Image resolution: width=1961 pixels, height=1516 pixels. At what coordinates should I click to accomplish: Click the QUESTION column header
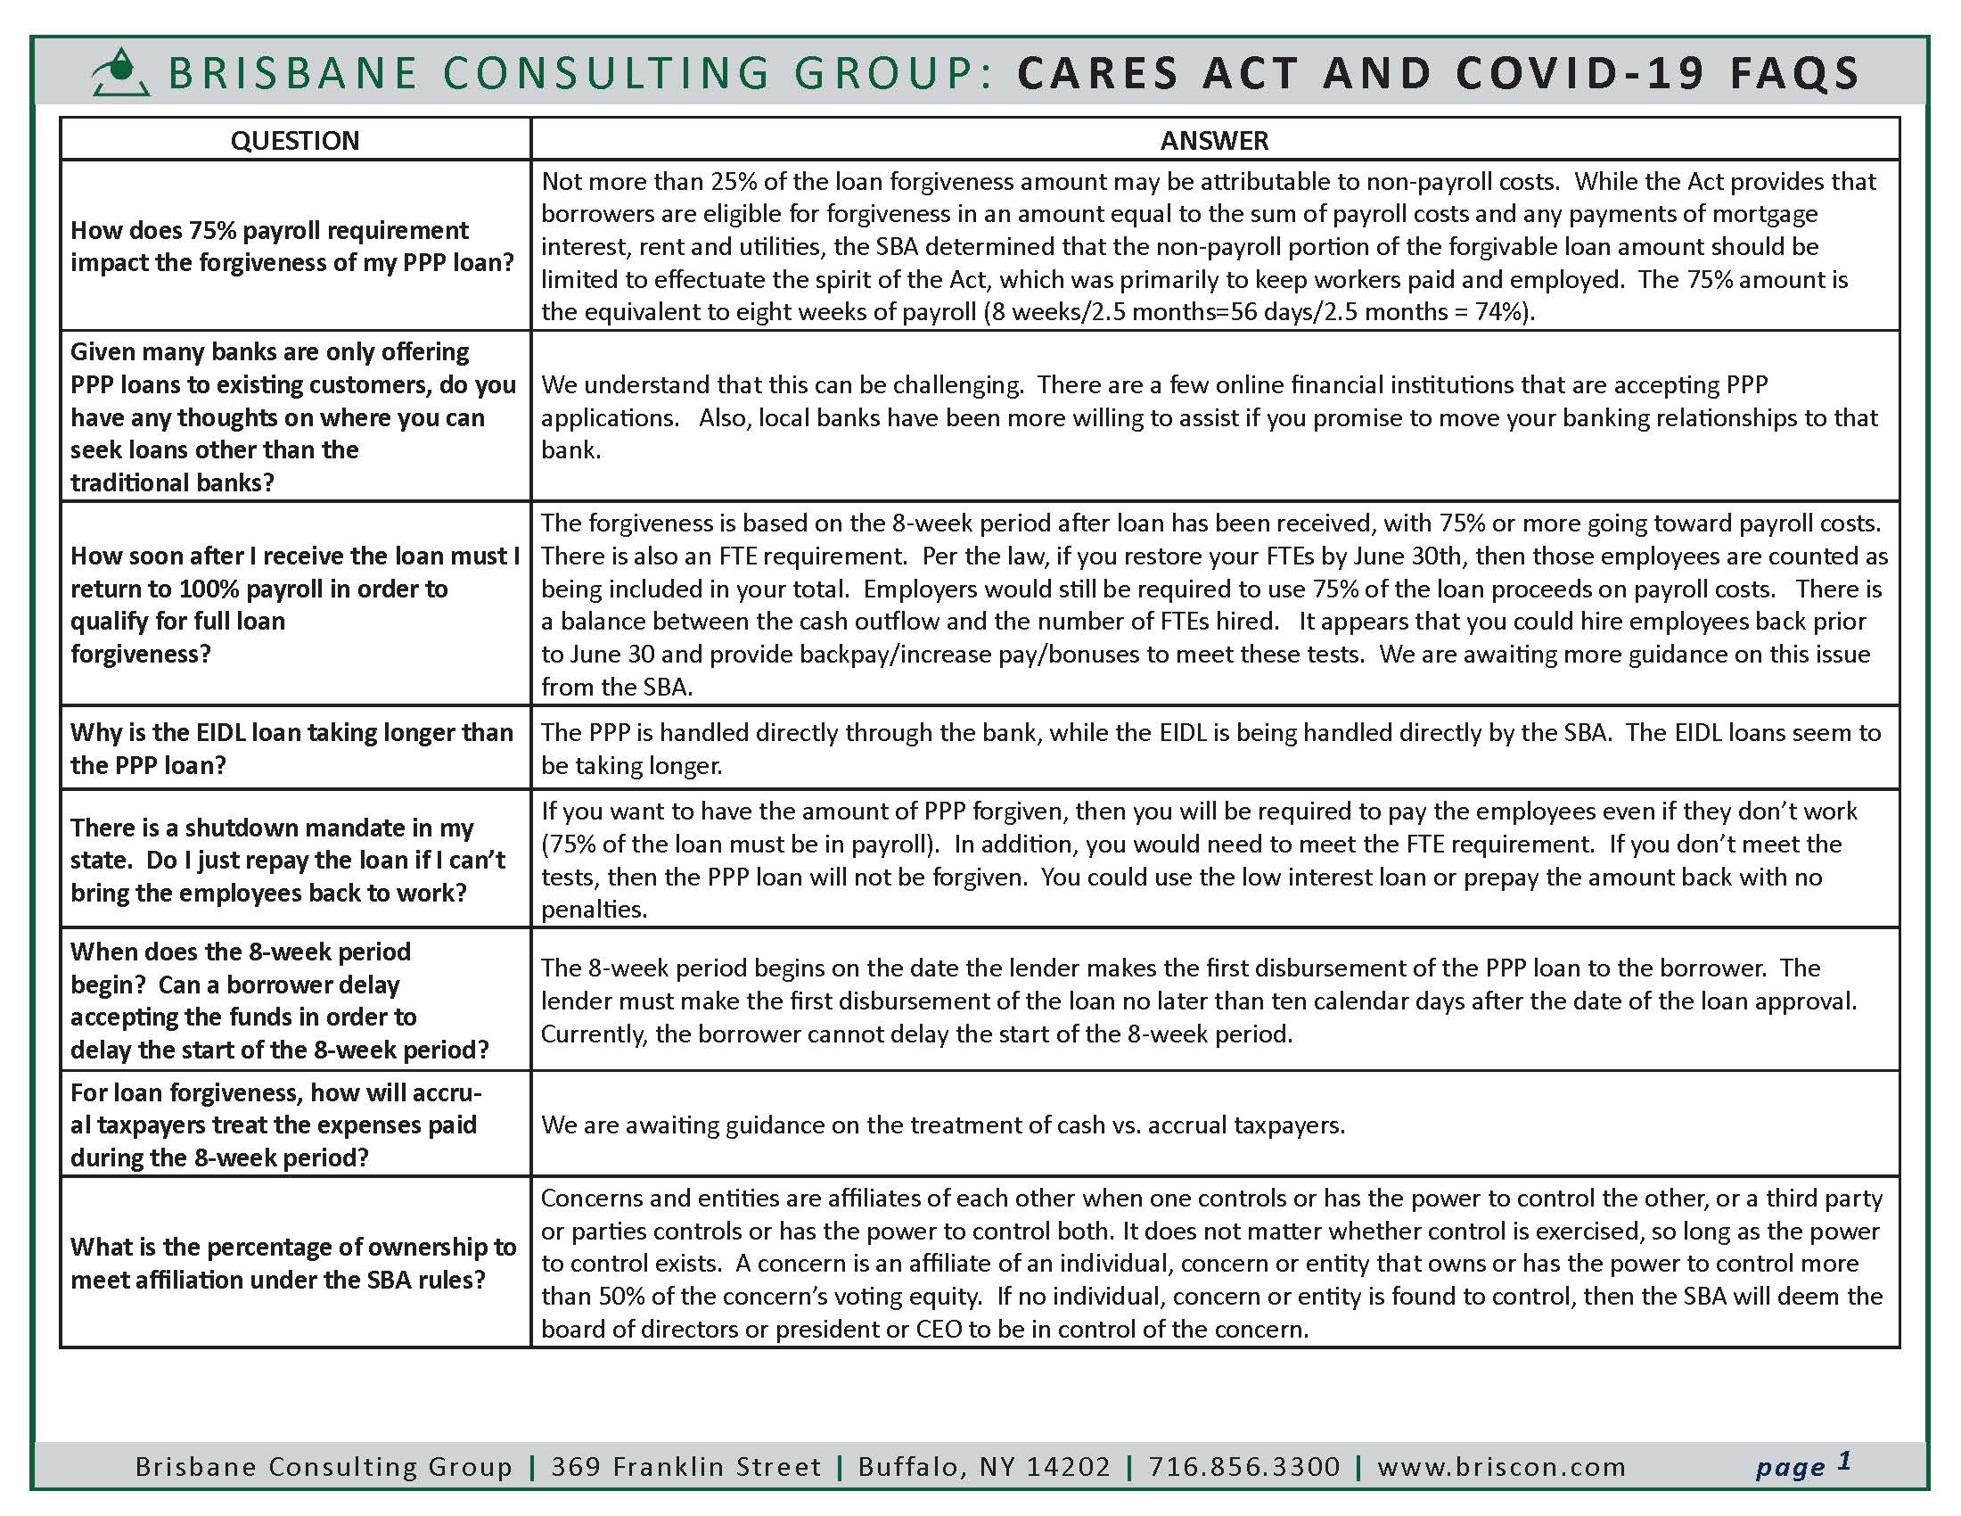pos(294,140)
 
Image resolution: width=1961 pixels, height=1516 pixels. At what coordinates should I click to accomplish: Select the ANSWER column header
pos(1214,140)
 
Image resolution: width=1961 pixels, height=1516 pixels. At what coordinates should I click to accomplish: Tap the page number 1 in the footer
pos(1844,1462)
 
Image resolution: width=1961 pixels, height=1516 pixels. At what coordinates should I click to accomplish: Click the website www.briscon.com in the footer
pos(1501,1467)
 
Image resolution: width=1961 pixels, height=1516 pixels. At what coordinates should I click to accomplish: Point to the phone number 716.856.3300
pos(1243,1467)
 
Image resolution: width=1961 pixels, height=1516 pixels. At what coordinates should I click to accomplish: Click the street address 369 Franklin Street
pos(686,1467)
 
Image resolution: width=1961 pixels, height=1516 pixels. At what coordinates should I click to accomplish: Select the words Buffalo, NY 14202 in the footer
pos(984,1467)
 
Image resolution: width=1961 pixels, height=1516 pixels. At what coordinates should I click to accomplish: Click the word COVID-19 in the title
pos(1580,74)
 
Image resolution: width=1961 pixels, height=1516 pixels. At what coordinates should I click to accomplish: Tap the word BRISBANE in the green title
pos(292,74)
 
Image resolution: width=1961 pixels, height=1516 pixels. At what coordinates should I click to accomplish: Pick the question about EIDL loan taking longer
pos(291,748)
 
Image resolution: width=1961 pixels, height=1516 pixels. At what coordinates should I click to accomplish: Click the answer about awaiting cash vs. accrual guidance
pos(943,1125)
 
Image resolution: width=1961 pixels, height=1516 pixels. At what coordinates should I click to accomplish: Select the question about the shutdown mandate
pos(287,860)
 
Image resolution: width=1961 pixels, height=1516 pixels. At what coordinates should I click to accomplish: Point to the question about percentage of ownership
pos(292,1263)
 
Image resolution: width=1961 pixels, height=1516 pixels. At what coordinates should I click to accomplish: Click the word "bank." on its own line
pos(570,450)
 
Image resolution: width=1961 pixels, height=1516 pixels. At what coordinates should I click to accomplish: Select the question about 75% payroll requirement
pos(291,246)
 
